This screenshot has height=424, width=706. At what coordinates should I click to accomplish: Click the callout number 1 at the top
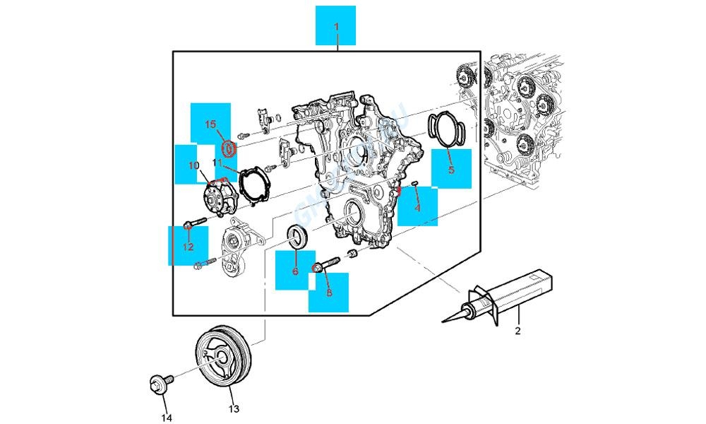[336, 27]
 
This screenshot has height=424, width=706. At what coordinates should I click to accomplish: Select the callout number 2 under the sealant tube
[517, 331]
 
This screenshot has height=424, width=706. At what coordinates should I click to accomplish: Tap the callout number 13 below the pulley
[234, 408]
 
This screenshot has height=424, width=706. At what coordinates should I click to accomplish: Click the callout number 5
[450, 170]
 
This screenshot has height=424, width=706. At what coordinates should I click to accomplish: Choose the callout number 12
[189, 247]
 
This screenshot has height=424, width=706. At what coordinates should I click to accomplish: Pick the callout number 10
[193, 165]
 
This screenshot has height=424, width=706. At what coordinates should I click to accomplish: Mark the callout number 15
[210, 124]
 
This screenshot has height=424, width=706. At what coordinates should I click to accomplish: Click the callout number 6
[295, 271]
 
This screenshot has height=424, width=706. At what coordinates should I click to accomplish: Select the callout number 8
[328, 292]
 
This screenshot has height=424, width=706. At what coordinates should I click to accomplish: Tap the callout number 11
[217, 164]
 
